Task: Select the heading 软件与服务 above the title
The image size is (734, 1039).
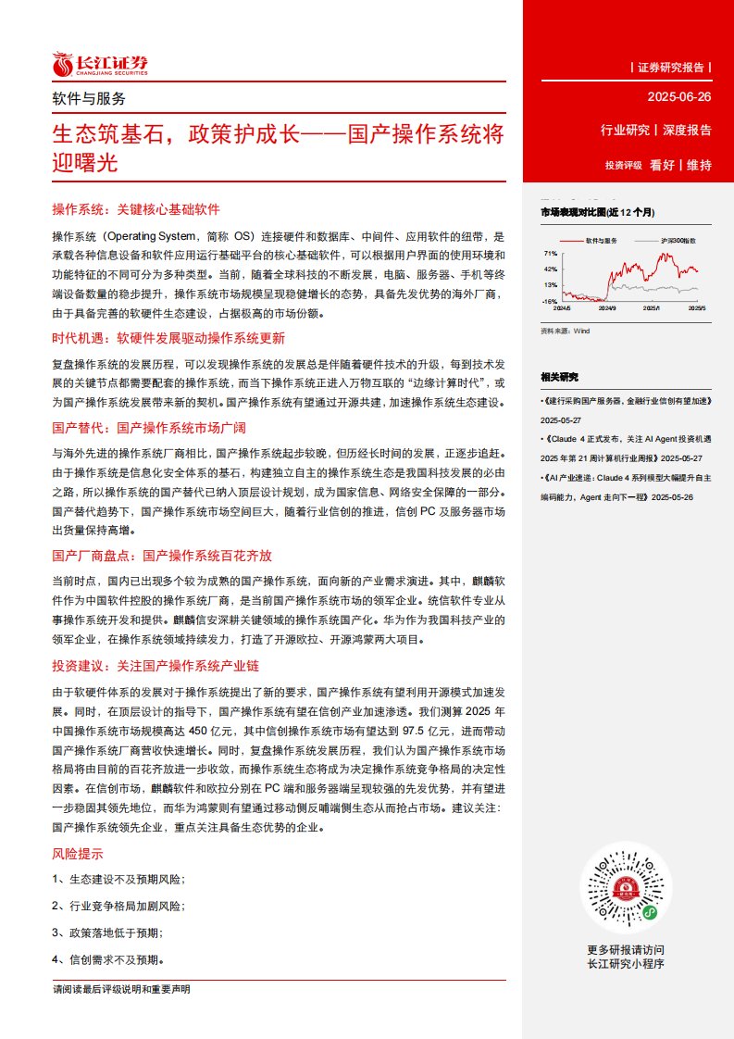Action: [89, 98]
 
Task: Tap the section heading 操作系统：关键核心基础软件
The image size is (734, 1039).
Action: [136, 209]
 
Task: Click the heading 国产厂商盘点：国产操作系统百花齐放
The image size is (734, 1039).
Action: [162, 556]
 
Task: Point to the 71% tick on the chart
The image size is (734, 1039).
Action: [550, 254]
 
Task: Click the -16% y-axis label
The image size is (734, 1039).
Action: [549, 301]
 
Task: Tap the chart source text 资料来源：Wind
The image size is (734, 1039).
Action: [565, 330]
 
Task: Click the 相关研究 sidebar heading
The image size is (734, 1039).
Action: [559, 376]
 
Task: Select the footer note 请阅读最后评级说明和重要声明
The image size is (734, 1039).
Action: [121, 990]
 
